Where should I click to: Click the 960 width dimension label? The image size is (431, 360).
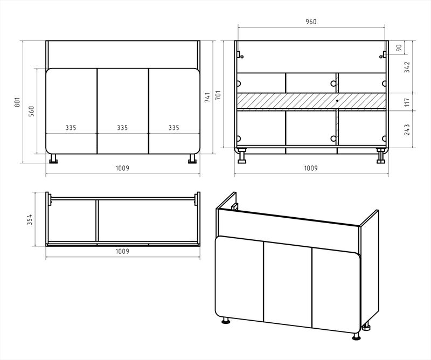point(311,22)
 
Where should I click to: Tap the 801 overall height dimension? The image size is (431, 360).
point(17,102)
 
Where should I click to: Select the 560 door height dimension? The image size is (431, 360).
point(32,111)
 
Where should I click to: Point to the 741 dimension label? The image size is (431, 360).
point(207,98)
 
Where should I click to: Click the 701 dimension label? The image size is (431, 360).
point(218,95)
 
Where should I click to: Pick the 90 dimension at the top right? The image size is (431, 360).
point(399,47)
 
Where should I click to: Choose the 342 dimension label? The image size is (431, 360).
point(407,67)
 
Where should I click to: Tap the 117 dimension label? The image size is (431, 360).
point(407,102)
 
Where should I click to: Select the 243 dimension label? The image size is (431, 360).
point(407,129)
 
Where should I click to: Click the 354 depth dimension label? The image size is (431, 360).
point(30,219)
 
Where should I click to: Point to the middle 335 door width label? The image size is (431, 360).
point(122,128)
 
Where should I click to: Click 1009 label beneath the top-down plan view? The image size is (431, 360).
point(122,251)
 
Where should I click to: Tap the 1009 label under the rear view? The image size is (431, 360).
point(311,168)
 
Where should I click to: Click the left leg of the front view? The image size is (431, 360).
point(53,158)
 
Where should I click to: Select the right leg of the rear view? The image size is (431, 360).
point(381,156)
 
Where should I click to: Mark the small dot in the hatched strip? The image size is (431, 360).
point(337,101)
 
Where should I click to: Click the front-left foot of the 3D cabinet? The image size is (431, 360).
point(226,321)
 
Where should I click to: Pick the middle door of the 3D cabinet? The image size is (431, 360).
point(288,284)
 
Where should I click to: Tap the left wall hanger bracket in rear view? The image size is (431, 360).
point(240,54)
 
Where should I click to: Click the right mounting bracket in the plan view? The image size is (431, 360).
point(197,198)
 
